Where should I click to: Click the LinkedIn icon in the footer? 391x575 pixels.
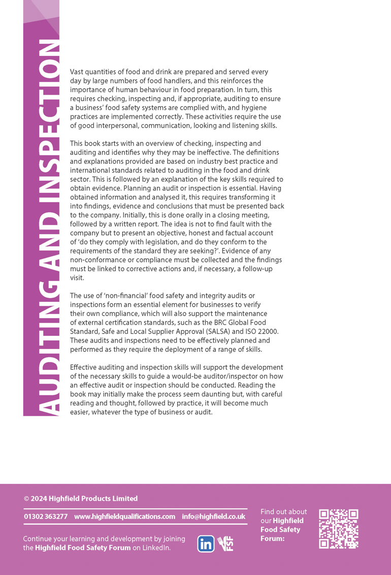pos(206,543)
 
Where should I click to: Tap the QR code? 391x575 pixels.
pos(339,529)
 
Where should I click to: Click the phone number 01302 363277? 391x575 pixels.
pos(46,516)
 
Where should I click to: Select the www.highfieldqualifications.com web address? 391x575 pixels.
pos(124,516)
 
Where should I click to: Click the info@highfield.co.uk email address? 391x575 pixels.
pos(213,516)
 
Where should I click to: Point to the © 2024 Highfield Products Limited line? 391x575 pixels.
pos(81,498)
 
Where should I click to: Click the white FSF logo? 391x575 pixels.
pos(225,543)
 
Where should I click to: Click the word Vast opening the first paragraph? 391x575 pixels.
pos(78,72)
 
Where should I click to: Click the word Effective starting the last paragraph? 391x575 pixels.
pos(86,367)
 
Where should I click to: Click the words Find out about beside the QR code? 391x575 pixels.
pos(283,511)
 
